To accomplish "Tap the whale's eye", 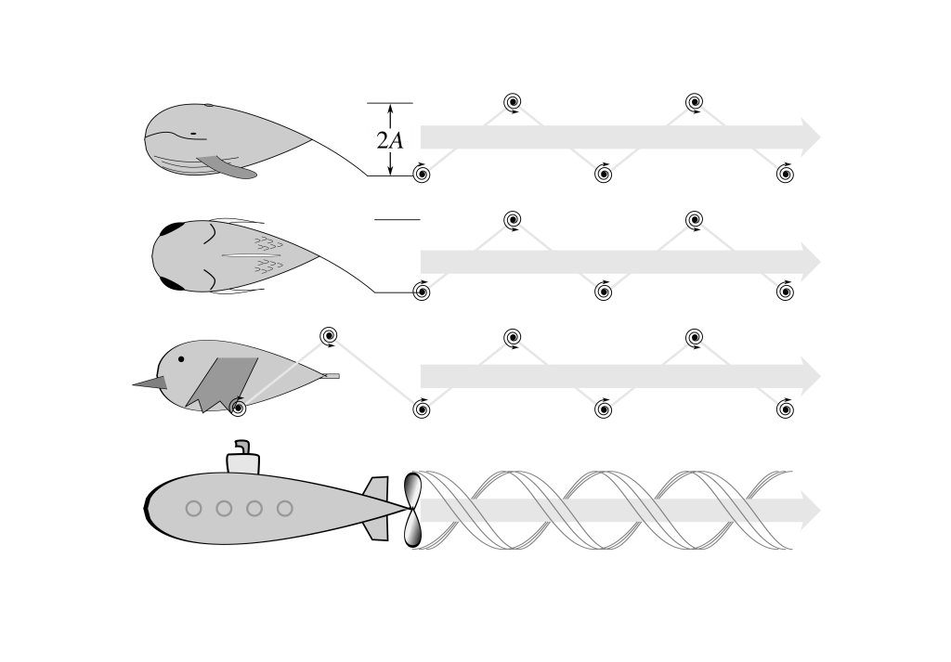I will [193, 135].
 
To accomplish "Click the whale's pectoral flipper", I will [227, 167].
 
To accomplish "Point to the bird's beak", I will [148, 382].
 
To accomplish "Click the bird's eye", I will [182, 359].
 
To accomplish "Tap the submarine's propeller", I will [412, 509].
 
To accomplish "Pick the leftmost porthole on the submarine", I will [193, 508].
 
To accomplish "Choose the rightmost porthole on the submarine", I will [284, 508].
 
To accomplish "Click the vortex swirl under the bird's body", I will [238, 407].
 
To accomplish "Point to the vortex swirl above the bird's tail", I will [326, 335].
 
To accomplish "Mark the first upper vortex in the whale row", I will [512, 102].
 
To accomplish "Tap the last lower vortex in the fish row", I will [786, 291].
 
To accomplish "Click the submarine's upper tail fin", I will [377, 488].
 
